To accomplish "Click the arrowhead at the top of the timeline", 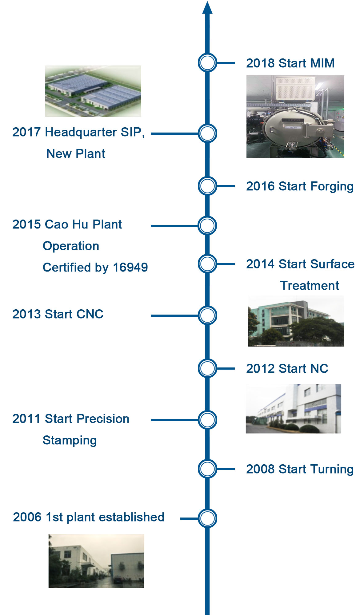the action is click(x=207, y=8).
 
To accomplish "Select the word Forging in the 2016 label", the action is click(x=332, y=187).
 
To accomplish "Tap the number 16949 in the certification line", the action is click(x=130, y=267).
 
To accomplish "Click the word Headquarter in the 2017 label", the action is click(x=81, y=133).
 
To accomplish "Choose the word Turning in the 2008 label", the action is click(x=332, y=470).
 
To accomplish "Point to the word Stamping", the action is click(x=70, y=441).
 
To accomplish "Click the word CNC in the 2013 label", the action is click(x=90, y=314).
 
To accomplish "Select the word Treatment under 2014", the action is click(x=310, y=286).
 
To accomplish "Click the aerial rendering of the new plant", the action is click(x=93, y=91).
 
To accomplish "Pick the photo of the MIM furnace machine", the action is click(x=295, y=117).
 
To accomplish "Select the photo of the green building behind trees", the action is click(x=296, y=321).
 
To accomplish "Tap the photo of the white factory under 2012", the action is click(x=293, y=409).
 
